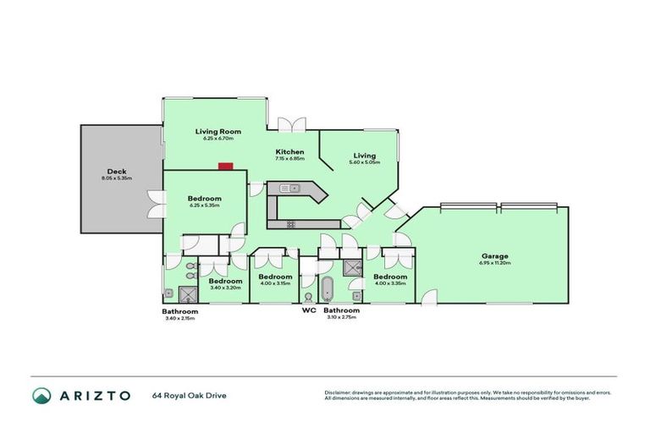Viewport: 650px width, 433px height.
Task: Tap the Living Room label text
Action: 218,131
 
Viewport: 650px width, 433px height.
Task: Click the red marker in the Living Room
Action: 225,167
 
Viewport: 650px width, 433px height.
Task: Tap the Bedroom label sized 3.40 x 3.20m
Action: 226,281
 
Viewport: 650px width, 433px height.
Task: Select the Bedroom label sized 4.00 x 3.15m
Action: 275,277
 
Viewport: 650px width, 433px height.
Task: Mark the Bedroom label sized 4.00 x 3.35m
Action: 390,277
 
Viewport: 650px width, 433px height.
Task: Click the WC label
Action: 309,310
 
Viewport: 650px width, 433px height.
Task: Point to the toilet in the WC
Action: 308,297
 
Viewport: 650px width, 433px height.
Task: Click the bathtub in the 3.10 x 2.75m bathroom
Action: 328,288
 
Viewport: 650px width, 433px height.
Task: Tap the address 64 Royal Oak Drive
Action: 189,396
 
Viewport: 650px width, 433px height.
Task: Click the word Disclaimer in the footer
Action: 339,392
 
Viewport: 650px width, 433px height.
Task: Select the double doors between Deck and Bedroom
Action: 157,203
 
